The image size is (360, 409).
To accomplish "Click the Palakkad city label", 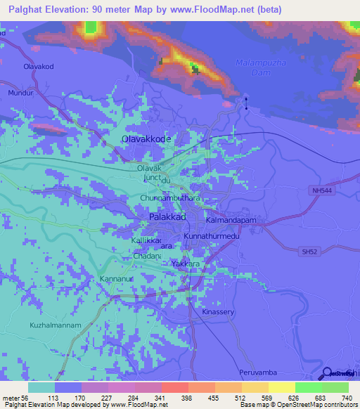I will (x=167, y=219).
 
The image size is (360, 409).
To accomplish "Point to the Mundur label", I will (x=20, y=92).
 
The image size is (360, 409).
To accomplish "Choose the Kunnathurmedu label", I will (x=212, y=237).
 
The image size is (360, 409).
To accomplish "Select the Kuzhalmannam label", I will (x=56, y=325).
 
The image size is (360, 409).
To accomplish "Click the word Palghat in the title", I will (x=25, y=9).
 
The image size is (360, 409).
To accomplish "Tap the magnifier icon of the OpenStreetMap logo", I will (x=327, y=373).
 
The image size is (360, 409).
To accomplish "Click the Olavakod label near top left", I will (x=39, y=66).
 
